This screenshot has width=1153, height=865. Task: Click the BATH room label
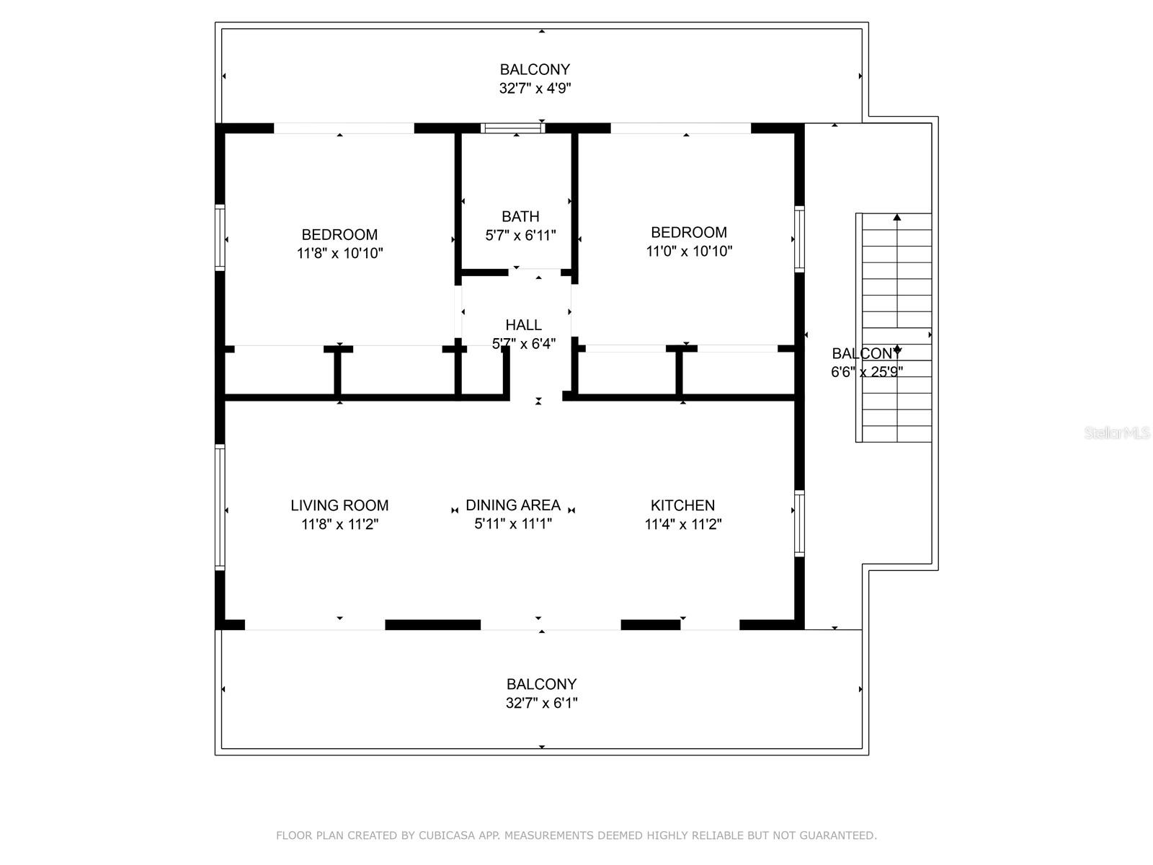click(520, 216)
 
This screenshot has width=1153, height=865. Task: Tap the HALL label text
click(523, 324)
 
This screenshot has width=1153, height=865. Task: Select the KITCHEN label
click(682, 505)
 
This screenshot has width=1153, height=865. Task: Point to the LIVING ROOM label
click(339, 505)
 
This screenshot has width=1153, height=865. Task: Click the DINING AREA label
click(513, 505)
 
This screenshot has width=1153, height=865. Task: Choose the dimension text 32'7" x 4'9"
click(535, 88)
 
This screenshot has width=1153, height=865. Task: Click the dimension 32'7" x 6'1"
click(542, 703)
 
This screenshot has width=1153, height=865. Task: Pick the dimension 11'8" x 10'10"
click(340, 253)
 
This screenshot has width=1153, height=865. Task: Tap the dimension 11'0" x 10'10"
click(689, 251)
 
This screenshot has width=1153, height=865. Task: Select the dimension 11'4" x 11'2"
click(683, 524)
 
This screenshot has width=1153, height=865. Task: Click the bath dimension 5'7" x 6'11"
click(520, 235)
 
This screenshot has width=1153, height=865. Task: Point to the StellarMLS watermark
click(1117, 432)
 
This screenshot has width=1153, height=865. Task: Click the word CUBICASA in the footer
click(447, 835)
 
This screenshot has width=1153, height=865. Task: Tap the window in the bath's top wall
click(512, 128)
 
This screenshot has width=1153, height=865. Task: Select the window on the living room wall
click(220, 507)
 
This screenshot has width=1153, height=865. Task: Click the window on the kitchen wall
click(799, 523)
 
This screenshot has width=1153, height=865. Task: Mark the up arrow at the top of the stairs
click(897, 217)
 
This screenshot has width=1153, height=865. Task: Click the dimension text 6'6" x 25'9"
click(867, 372)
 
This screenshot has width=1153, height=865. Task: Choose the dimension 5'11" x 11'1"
click(513, 524)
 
